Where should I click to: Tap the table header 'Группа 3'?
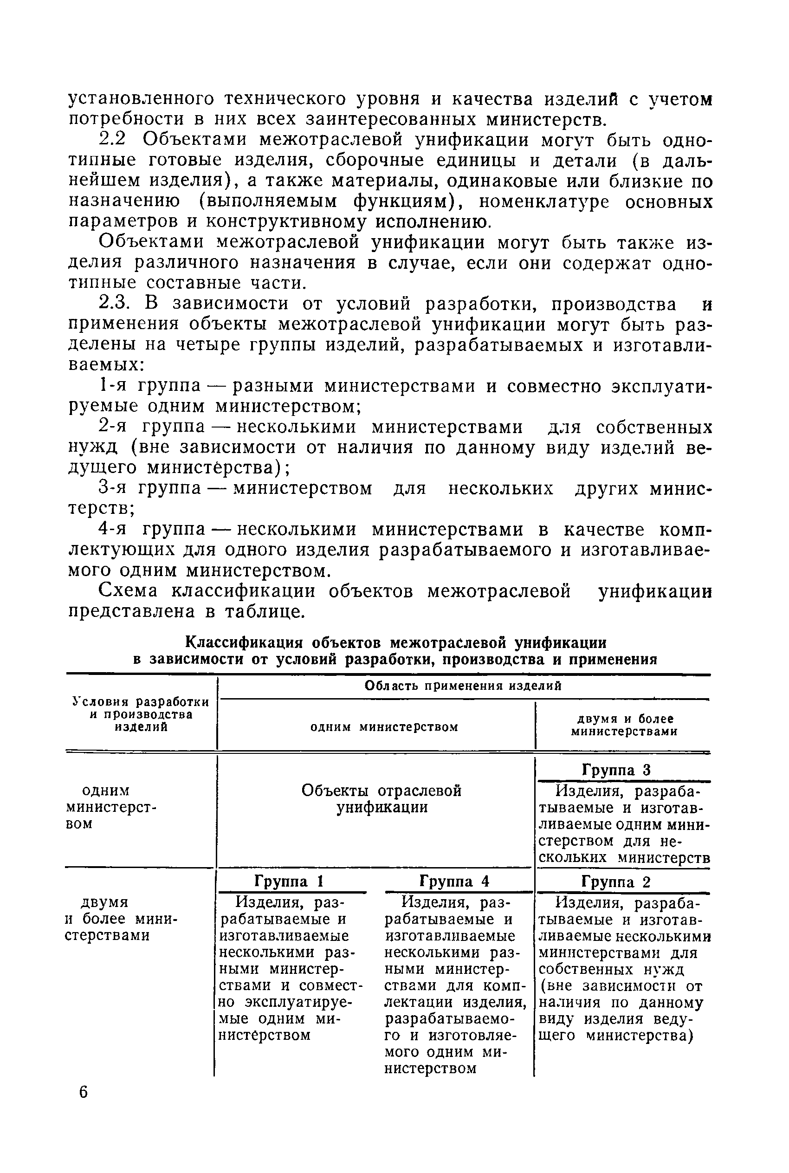click(616, 770)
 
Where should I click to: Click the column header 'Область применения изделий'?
click(462, 686)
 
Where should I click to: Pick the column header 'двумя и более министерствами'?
click(624, 725)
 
